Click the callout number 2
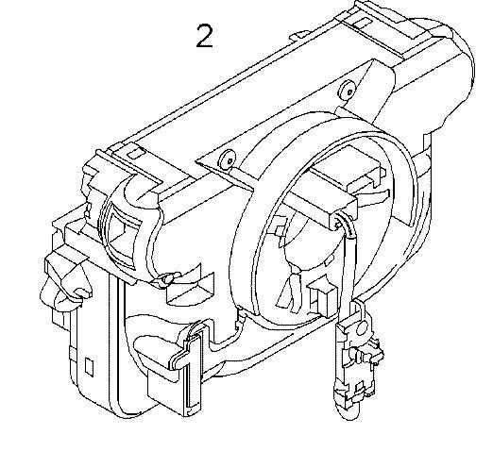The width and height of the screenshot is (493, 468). pos(204,37)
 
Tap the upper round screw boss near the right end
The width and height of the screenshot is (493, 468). pos(348,91)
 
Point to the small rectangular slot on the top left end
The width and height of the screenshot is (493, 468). pos(135,153)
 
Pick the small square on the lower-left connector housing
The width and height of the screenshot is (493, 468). pos(90,366)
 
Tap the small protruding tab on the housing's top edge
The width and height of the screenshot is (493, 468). pos(299,34)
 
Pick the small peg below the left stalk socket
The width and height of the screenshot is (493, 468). pos(166,279)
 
